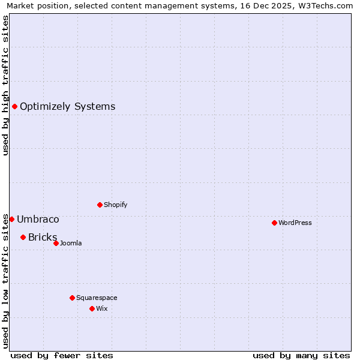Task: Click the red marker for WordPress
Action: tap(274, 223)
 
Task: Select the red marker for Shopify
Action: tap(100, 205)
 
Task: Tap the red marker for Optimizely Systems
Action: tap(14, 107)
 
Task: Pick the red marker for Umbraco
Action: tap(11, 219)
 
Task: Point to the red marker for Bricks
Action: tap(23, 237)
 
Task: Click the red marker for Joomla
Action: tap(56, 243)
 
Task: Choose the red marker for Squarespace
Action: tap(72, 298)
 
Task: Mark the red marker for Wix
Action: tap(92, 308)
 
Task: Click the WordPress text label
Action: tap(295, 223)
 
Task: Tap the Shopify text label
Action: tap(116, 205)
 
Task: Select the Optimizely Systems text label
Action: tap(67, 107)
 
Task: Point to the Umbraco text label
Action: tap(38, 219)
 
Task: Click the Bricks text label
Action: tap(43, 237)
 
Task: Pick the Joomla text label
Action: tap(71, 243)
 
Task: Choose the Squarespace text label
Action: tap(97, 298)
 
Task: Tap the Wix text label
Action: tap(102, 308)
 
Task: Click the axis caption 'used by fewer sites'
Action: tap(62, 355)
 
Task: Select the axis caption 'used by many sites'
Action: tap(301, 355)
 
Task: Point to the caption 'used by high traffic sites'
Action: tap(5, 85)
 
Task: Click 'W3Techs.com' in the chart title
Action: tap(325, 5)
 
